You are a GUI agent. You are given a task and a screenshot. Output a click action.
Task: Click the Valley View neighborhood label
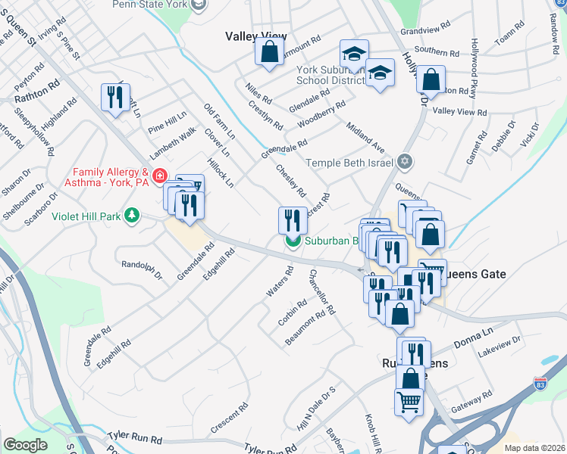[256, 36]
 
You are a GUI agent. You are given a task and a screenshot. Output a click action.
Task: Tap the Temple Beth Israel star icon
[405, 163]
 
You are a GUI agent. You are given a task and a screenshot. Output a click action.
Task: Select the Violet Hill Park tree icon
[133, 216]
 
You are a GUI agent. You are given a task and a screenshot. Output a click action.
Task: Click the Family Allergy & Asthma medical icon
[159, 176]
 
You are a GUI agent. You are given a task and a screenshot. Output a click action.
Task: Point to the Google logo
[25, 445]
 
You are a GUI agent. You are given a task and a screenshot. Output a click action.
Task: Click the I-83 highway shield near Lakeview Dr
[540, 384]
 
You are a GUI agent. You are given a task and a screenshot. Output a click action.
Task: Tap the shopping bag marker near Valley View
[269, 53]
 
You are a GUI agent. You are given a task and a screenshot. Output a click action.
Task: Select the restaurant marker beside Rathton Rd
[115, 97]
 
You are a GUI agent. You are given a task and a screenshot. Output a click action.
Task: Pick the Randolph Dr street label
[142, 269]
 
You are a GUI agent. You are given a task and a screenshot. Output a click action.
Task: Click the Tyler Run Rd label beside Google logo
[135, 438]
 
